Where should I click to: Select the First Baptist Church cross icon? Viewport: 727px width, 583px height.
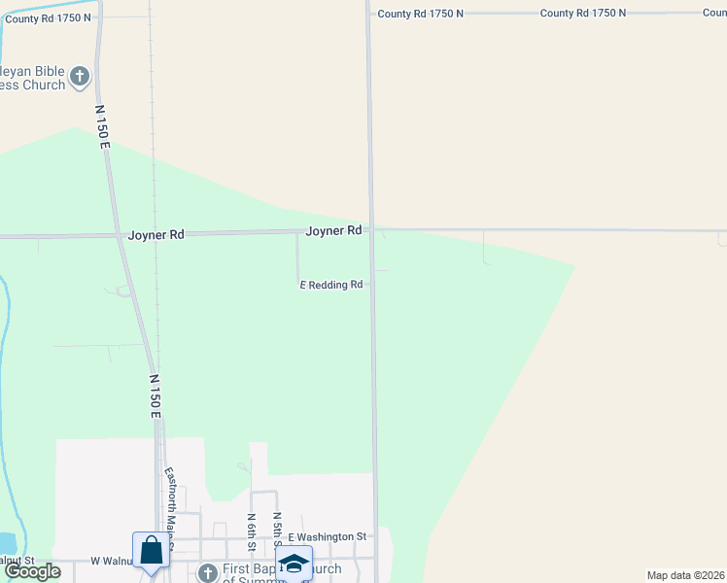pyautogui.click(x=207, y=572)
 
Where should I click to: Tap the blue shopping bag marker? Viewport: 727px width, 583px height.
pyautogui.click(x=151, y=551)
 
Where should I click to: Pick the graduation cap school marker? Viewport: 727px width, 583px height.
pyautogui.click(x=294, y=564)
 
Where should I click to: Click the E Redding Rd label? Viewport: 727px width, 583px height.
pyautogui.click(x=330, y=285)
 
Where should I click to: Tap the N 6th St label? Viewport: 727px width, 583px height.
pyautogui.click(x=252, y=530)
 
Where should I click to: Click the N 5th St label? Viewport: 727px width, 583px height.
pyautogui.click(x=277, y=530)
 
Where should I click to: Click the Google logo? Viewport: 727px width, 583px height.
pyautogui.click(x=32, y=571)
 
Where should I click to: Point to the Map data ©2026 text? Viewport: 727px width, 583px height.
pyautogui.click(x=684, y=575)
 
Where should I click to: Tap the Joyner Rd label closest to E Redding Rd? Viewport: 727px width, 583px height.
pyautogui.click(x=333, y=230)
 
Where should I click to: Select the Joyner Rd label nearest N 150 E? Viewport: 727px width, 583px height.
pyautogui.click(x=156, y=235)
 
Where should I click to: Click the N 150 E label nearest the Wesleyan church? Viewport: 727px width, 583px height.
pyautogui.click(x=103, y=126)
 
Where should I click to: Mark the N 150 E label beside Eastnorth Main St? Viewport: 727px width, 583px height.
pyautogui.click(x=155, y=396)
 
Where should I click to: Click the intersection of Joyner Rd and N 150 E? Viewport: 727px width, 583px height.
pyautogui.click(x=121, y=235)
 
